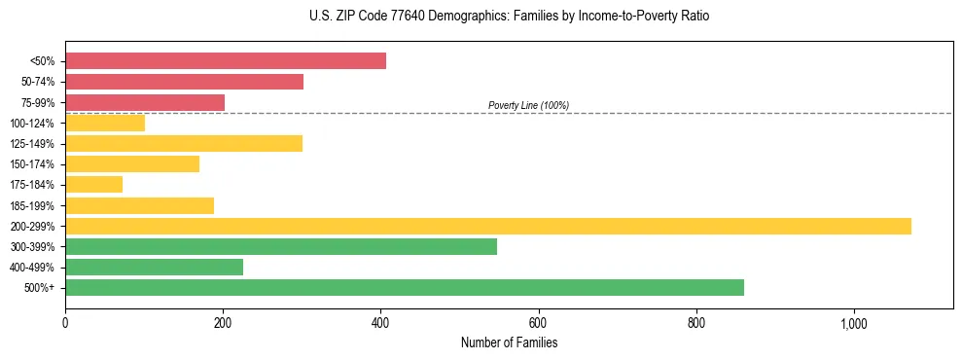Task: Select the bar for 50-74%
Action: click(x=184, y=82)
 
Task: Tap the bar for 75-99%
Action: click(x=145, y=102)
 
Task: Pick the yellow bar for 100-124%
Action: click(x=105, y=123)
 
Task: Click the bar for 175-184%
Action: click(x=94, y=185)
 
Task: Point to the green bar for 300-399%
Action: click(x=281, y=247)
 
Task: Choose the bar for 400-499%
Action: click(x=154, y=268)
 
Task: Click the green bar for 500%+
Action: click(x=405, y=288)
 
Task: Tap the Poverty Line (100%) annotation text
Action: click(x=528, y=105)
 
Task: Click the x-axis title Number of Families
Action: click(x=509, y=342)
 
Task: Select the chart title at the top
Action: click(x=509, y=18)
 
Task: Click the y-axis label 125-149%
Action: click(x=32, y=144)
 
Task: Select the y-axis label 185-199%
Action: click(x=32, y=206)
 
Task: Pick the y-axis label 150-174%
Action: click(x=32, y=164)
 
